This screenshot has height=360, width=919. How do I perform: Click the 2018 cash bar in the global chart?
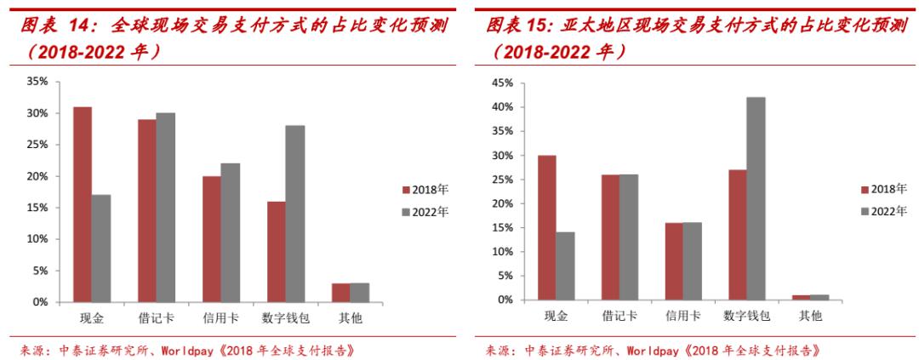click(83, 204)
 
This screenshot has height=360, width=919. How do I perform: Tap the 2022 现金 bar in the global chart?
click(101, 249)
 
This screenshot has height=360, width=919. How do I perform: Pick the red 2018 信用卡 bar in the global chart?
click(211, 239)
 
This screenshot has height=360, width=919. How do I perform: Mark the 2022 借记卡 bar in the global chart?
click(166, 208)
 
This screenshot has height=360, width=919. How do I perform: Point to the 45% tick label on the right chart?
click(502, 83)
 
